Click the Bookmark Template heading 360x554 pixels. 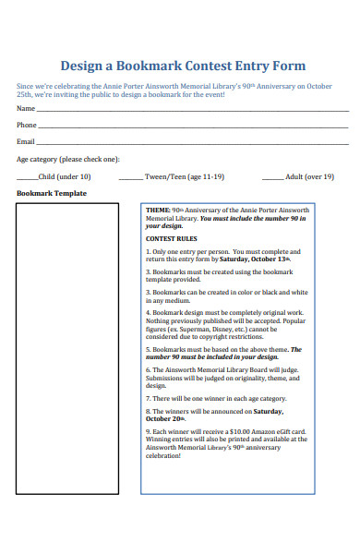click(x=52, y=193)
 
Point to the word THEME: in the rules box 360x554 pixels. click(x=158, y=211)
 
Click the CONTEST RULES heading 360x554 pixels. click(x=173, y=238)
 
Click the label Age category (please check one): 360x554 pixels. click(x=68, y=159)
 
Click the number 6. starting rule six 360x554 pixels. click(x=148, y=370)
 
